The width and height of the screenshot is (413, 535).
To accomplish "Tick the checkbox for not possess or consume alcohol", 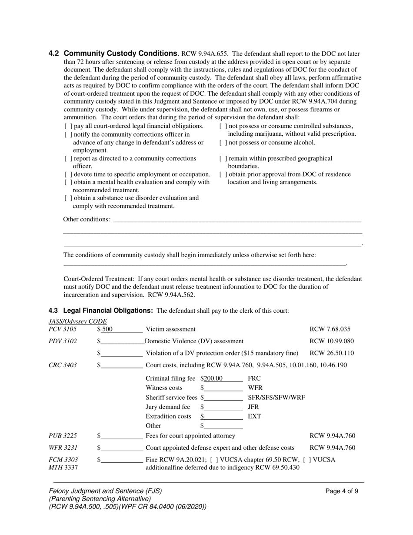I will (223, 143).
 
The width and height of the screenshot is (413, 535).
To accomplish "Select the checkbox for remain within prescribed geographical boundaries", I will (223, 159).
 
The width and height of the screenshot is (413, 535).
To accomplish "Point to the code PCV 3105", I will (63, 329).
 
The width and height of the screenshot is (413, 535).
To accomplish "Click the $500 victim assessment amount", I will (107, 329).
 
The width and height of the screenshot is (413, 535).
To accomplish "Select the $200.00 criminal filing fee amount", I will (213, 378).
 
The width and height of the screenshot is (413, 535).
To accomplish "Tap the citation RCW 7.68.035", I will (330, 329).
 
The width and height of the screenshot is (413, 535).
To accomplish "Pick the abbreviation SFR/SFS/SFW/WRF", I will (276, 398).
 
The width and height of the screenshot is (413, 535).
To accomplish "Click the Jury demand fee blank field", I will (223, 407).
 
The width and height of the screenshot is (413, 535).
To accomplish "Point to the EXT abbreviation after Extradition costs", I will (254, 416).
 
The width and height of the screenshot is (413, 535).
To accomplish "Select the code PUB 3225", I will (63, 436).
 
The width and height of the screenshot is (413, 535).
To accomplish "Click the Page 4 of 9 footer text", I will (342, 492).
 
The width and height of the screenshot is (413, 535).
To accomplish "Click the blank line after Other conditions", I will (237, 220).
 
